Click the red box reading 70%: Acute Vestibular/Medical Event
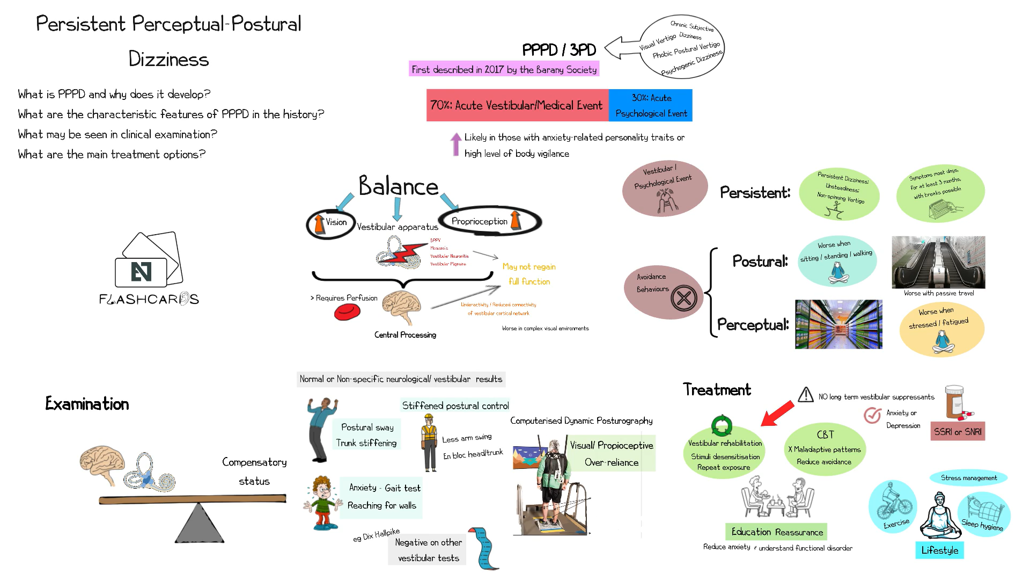tap(517, 105)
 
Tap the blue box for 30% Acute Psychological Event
tap(651, 105)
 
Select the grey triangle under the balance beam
tap(199, 524)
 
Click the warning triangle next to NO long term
tap(805, 395)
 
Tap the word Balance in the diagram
tap(398, 186)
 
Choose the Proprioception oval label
tap(479, 221)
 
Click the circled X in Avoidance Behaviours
tap(683, 298)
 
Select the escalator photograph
tap(938, 262)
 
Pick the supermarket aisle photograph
tap(838, 324)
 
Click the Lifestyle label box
tap(939, 550)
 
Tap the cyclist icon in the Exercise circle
tap(893, 502)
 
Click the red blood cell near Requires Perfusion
tap(347, 312)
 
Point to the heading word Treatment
tap(717, 389)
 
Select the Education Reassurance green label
tap(776, 532)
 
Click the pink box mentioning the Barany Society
tap(504, 69)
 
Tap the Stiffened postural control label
tap(455, 405)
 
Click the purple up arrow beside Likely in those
tap(455, 144)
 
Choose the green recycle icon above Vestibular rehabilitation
tap(722, 425)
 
